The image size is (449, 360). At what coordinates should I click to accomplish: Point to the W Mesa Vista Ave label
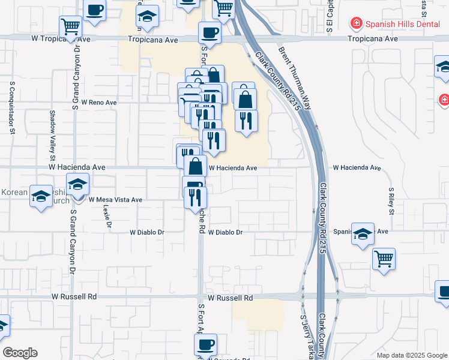[x=115, y=200]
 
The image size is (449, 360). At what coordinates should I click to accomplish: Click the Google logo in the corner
[x=20, y=353]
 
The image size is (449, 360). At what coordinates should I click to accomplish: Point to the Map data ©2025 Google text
[x=411, y=355]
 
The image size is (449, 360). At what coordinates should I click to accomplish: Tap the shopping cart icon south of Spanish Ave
[x=384, y=259]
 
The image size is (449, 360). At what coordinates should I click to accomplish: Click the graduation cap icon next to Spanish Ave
[x=363, y=234]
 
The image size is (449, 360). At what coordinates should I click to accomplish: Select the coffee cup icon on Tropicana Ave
[x=209, y=32]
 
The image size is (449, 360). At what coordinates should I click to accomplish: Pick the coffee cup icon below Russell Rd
[x=205, y=344]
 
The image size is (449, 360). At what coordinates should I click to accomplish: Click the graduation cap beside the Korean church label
[x=41, y=196]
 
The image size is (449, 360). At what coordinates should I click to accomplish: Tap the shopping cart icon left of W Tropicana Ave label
[x=70, y=26]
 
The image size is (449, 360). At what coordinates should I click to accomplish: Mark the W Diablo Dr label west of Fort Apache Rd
[x=147, y=232]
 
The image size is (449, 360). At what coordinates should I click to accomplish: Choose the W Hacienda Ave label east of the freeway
[x=357, y=169]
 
